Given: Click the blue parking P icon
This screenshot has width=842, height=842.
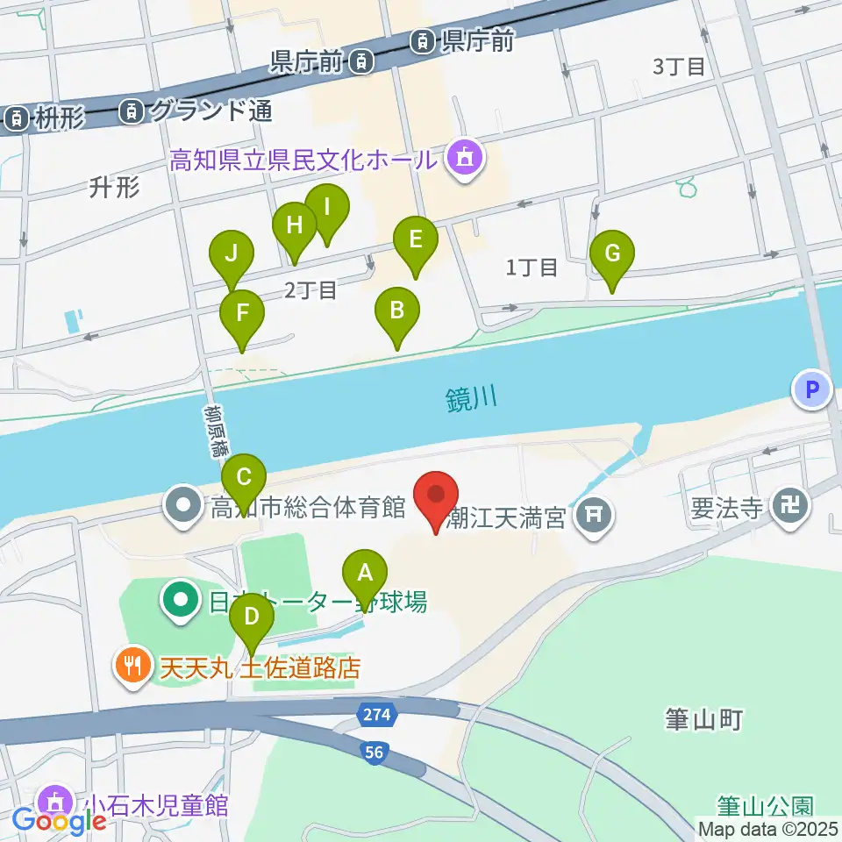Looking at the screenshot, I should click(812, 389).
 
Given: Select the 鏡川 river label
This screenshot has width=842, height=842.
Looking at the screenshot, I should click(471, 400).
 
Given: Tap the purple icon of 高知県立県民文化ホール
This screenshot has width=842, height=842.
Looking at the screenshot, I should click(463, 158).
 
